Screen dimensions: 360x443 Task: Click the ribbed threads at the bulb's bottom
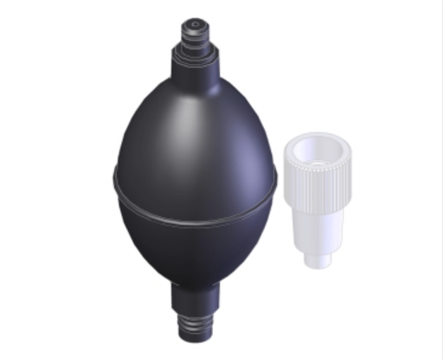coord(200,327)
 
